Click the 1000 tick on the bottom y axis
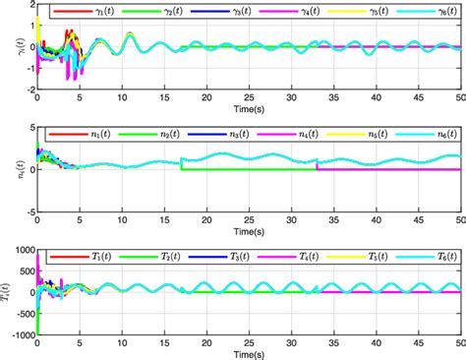pos(22,249)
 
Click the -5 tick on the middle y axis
pos(28,210)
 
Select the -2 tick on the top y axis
pos(28,88)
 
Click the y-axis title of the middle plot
pos(9,168)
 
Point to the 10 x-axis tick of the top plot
pos(122,97)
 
